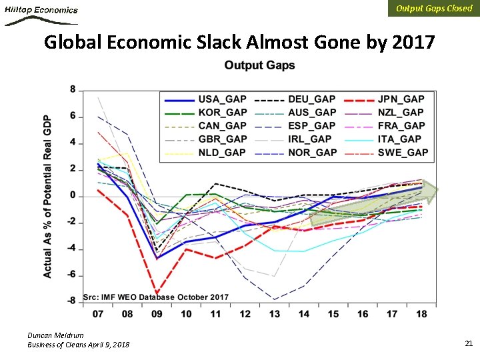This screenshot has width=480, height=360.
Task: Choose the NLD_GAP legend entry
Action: click(223, 153)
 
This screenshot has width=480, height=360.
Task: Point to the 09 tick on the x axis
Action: click(157, 314)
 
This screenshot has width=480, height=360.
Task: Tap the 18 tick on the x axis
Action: click(421, 314)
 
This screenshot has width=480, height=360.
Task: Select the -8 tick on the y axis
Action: click(72, 301)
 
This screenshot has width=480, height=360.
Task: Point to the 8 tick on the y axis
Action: click(73, 90)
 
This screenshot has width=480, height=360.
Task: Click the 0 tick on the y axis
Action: click(73, 196)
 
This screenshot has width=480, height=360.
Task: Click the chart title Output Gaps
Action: click(259, 65)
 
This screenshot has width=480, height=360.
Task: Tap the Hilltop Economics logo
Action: click(41, 15)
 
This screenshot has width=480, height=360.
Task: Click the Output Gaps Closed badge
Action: click(433, 9)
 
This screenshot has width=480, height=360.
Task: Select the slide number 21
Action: click(468, 343)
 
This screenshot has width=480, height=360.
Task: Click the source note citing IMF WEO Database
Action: click(155, 297)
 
